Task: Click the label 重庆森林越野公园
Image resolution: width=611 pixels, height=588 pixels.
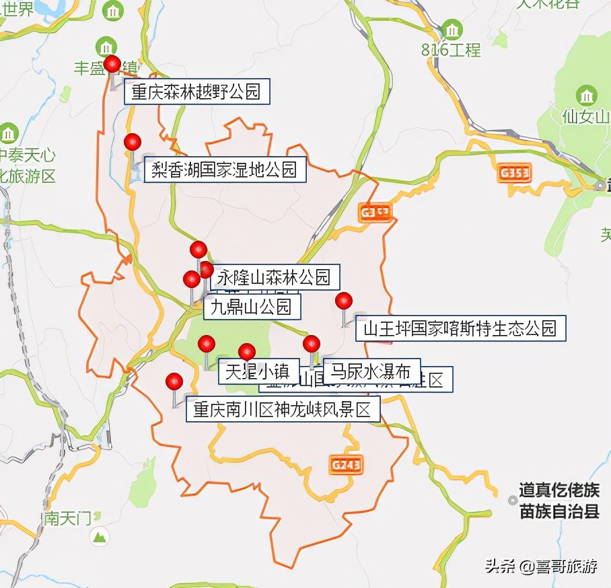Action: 196,91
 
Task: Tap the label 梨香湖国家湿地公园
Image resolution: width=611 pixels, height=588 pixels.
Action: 225,170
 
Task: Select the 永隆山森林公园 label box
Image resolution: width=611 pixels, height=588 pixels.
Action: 275,276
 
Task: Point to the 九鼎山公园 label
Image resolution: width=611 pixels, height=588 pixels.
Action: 251,307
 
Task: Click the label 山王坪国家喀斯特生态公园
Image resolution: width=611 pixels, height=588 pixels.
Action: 460,328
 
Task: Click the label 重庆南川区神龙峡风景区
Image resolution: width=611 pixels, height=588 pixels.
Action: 283,410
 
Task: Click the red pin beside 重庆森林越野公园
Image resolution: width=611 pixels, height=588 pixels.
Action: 112,65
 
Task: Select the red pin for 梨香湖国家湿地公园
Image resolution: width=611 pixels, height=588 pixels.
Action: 133,142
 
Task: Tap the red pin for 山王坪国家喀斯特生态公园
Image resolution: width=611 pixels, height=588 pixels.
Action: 344,301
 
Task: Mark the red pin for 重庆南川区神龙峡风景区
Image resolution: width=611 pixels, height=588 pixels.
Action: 174,381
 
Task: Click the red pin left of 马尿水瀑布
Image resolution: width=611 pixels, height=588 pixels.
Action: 312,344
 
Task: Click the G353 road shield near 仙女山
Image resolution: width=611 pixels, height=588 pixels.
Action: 515,173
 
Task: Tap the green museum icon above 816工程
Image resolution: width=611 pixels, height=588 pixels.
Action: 451,29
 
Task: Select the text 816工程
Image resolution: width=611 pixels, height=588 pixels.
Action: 451,49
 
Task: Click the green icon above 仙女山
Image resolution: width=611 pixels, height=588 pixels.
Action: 587,95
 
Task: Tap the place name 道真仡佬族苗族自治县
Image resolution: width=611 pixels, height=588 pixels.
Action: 559,502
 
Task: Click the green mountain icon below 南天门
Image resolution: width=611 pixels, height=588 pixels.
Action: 100,537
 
